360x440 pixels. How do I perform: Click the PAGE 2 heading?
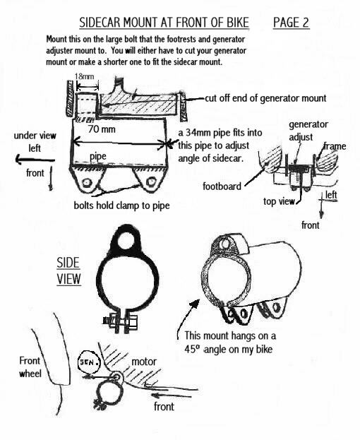click(291, 23)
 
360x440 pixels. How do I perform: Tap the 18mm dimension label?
click(84, 76)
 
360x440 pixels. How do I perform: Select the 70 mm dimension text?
click(102, 129)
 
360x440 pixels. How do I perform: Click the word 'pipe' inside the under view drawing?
click(98, 157)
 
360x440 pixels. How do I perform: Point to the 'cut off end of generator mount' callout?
click(265, 98)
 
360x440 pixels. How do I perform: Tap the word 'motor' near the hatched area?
click(144, 362)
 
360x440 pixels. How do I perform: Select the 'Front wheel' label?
click(30, 367)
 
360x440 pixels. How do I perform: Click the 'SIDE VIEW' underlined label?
click(68, 271)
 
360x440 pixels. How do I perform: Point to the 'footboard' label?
click(222, 186)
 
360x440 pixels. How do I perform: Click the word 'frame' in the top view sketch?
click(335, 146)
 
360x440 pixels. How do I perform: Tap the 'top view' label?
click(279, 201)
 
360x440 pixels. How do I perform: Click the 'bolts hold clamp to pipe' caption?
click(121, 206)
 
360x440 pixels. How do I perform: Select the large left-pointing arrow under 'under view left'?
click(35, 160)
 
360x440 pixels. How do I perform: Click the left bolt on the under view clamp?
click(88, 183)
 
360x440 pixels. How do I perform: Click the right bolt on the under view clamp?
click(152, 182)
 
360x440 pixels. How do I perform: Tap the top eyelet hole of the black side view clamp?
click(126, 241)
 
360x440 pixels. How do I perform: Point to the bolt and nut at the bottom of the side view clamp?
click(121, 323)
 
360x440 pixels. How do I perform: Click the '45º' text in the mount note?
click(192, 349)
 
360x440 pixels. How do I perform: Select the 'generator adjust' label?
click(308, 131)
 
